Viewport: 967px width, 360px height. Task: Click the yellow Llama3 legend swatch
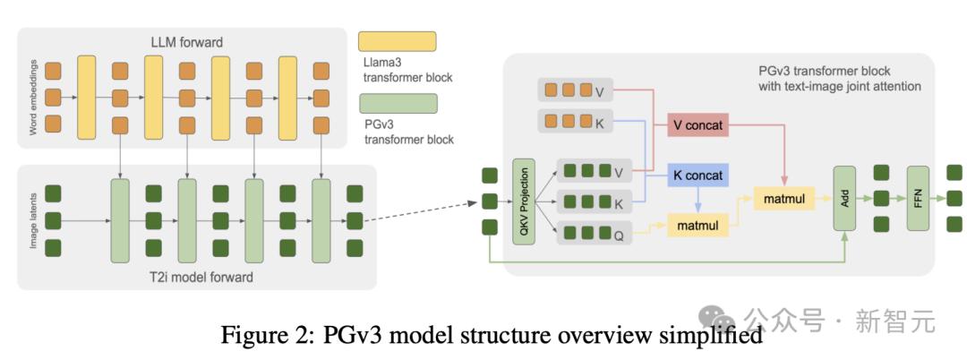tap(397, 41)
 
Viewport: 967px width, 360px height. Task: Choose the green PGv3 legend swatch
tap(397, 103)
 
